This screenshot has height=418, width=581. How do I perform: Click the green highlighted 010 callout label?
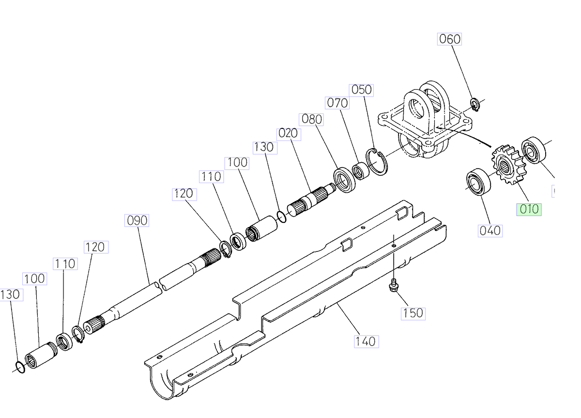click(528, 210)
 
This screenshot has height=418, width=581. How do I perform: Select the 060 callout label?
click(449, 39)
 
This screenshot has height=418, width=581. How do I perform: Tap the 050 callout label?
click(361, 90)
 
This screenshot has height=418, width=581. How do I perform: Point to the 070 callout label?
click(337, 103)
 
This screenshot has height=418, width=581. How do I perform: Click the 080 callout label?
click(312, 119)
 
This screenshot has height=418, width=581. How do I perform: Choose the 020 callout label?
click(289, 134)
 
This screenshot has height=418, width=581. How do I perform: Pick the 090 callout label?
click(137, 220)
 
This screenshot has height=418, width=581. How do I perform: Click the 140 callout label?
click(365, 341)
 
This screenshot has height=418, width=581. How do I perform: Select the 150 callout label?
click(413, 313)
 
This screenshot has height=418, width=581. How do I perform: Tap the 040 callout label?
click(489, 231)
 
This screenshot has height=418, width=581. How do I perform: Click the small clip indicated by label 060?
click(475, 104)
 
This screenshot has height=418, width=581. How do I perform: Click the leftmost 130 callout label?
click(11, 294)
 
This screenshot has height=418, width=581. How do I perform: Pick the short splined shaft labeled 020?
click(310, 198)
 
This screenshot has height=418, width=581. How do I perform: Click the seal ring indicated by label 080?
click(344, 180)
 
